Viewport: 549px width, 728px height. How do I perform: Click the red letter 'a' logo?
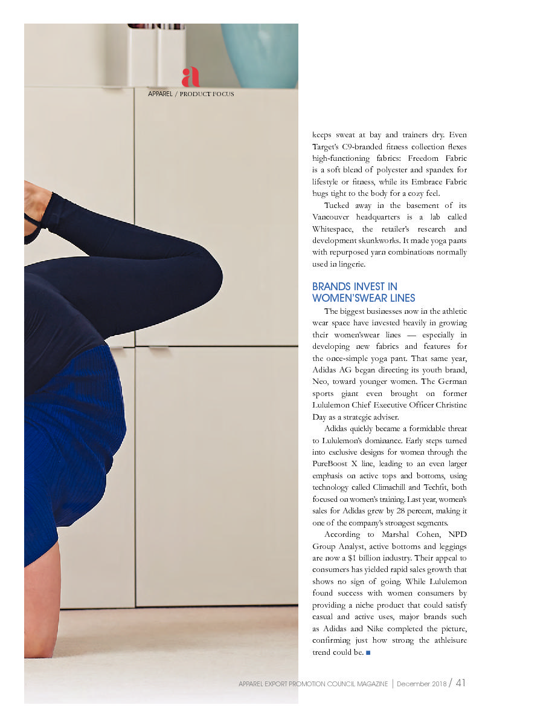[x=190, y=77]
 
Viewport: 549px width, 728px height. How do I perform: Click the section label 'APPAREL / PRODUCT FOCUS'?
[x=191, y=94]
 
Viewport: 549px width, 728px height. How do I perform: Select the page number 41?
[x=461, y=683]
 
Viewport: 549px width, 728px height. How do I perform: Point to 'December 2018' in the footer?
[x=422, y=684]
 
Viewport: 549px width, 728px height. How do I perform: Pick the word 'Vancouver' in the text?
[x=332, y=217]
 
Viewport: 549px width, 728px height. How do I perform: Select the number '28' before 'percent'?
[x=402, y=511]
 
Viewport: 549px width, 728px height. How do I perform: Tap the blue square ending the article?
[x=368, y=652]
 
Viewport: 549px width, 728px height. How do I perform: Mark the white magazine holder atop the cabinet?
[x=156, y=56]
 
